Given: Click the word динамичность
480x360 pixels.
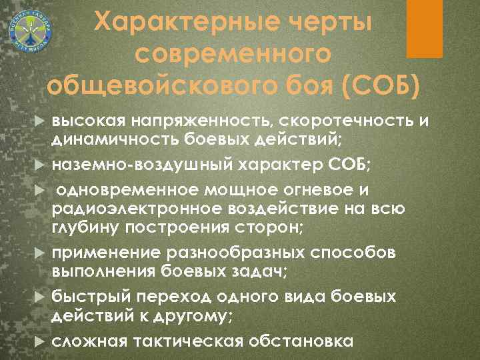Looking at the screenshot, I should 103,140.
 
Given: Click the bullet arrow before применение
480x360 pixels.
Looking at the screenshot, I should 39,254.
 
